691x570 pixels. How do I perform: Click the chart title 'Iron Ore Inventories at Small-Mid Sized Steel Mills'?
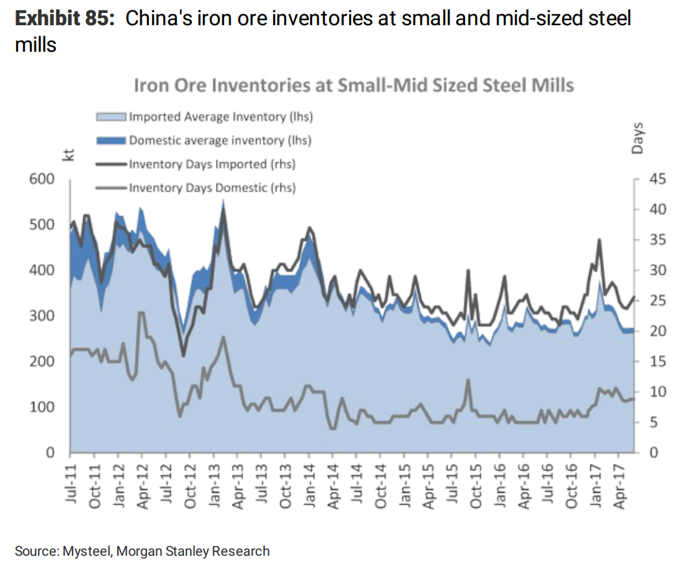pos(353,85)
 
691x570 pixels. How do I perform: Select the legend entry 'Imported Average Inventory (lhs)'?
pos(221,117)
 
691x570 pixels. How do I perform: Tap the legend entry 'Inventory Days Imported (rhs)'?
pos(212,164)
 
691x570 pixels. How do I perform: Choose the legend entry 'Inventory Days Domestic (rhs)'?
pos(212,188)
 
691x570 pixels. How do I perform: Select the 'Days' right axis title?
pos(638,137)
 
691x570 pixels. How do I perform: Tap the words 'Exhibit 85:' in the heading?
pos(63,18)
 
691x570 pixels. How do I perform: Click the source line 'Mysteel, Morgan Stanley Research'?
pos(166,551)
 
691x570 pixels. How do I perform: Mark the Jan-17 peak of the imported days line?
pos(599,239)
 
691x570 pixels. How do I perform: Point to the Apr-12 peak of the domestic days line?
pos(141,312)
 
